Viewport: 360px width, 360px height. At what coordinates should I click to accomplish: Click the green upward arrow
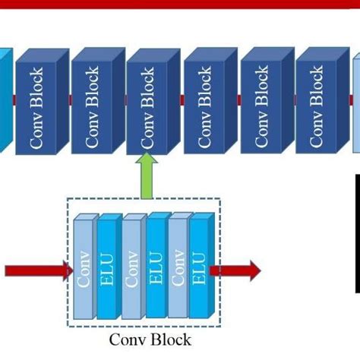coord(146,174)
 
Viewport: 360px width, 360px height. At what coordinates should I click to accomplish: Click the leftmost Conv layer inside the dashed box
coord(84,270)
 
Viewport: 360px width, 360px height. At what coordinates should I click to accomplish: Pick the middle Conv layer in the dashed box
coord(132,270)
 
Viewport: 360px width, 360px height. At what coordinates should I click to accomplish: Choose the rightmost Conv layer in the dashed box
coord(178,270)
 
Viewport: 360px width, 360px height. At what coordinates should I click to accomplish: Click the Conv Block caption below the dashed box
coord(150,339)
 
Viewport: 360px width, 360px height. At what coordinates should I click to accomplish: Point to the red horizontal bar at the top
coord(180,4)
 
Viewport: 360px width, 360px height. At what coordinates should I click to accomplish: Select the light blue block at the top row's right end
coord(356,106)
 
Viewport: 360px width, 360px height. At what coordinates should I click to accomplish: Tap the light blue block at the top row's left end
coord(5,103)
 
